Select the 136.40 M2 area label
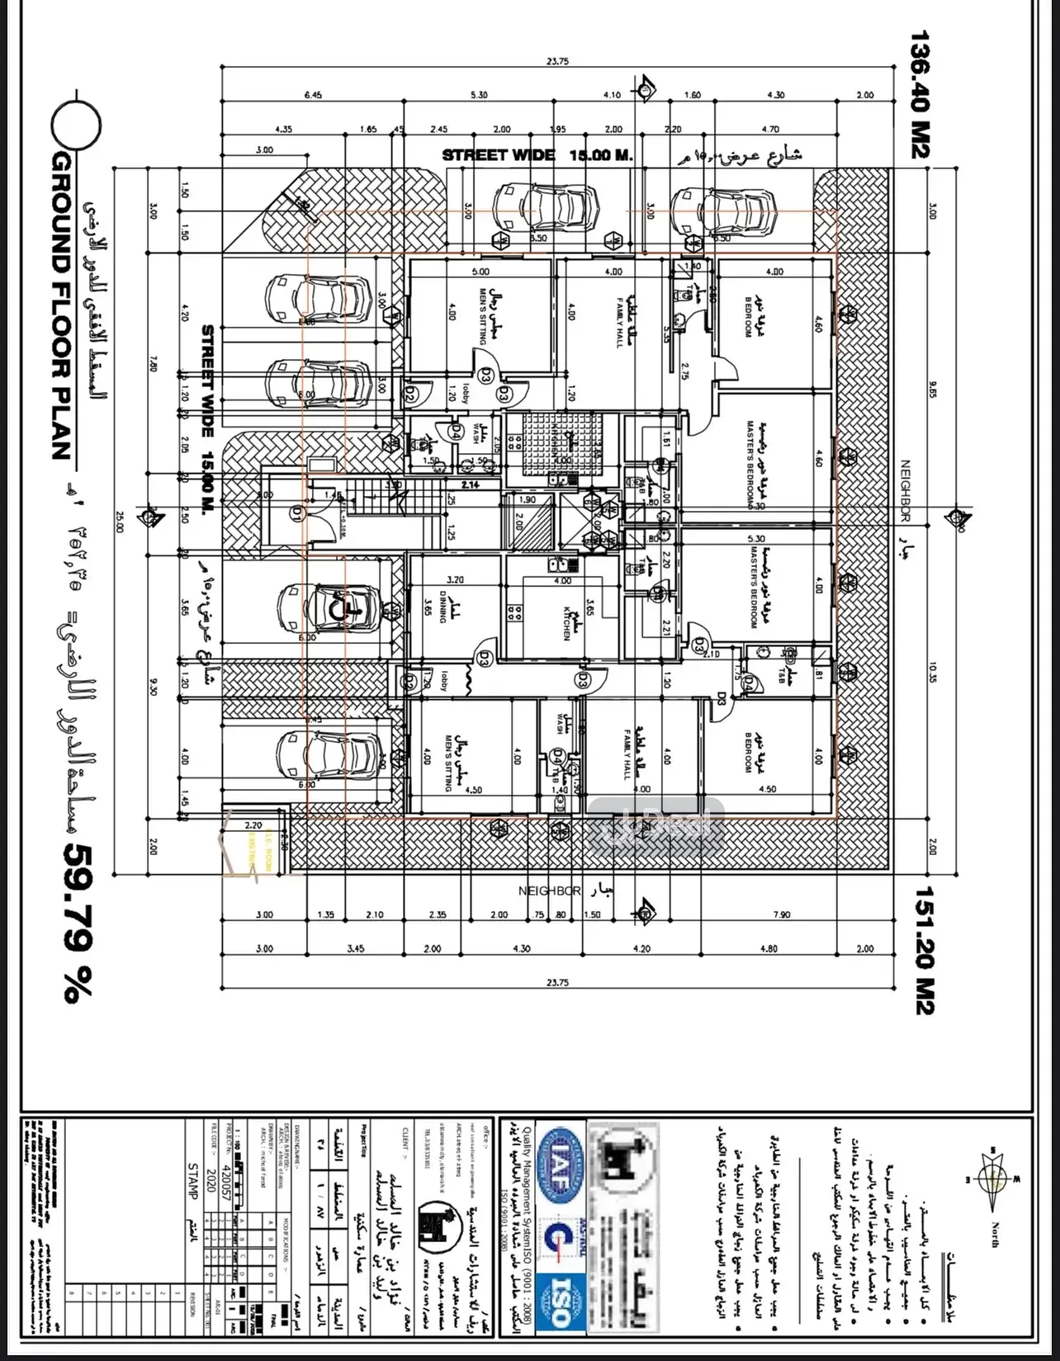[x=920, y=95]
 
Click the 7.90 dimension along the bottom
[x=780, y=914]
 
